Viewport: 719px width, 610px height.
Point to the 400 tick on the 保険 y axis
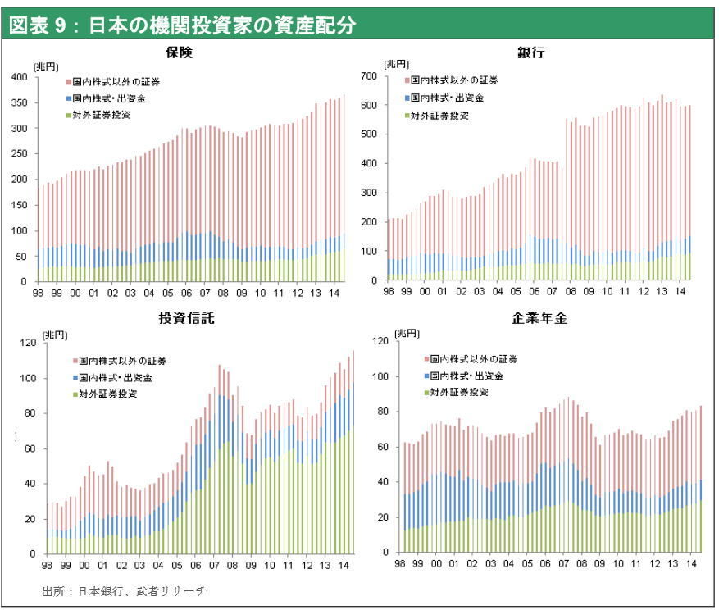[20, 77]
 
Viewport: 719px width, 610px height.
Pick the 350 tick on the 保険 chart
[20, 103]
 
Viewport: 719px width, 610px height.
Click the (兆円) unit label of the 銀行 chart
[396, 64]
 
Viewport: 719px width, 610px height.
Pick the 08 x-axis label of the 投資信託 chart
[232, 565]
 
